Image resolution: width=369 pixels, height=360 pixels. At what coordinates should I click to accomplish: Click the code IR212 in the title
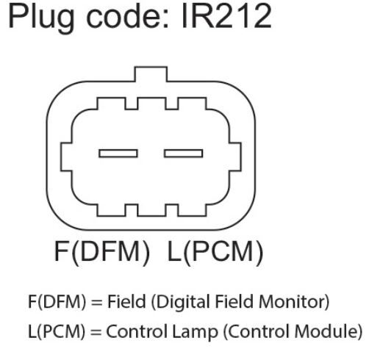[226, 17]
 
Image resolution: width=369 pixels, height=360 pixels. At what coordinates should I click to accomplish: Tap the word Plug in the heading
[41, 18]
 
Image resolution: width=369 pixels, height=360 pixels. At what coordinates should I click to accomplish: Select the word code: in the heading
[127, 17]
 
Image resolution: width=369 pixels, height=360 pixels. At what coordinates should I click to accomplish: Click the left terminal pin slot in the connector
[118, 154]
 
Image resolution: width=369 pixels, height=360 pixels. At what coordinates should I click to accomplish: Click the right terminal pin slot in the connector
[183, 154]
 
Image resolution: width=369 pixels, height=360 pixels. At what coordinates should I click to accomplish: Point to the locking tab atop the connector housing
[151, 73]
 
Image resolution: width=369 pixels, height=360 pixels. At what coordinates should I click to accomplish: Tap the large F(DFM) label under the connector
[101, 253]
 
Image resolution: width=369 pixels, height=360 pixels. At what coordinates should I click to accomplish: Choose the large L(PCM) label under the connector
[215, 253]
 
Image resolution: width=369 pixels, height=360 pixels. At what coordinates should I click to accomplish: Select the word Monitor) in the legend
[294, 302]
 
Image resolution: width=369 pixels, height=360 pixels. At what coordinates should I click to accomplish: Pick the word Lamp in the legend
[195, 332]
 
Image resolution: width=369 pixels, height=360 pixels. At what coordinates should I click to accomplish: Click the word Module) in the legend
[329, 331]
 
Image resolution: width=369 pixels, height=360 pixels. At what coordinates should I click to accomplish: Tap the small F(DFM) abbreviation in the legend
[57, 302]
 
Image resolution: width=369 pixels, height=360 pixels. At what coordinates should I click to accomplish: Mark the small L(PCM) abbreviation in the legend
[57, 331]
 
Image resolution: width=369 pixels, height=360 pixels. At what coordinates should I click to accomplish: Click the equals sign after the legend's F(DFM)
[96, 303]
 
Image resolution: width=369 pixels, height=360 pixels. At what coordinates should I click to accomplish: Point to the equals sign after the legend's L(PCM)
[96, 332]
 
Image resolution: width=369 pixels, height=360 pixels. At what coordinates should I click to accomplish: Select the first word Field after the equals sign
[126, 301]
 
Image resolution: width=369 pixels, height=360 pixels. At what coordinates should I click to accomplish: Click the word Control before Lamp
[137, 331]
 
